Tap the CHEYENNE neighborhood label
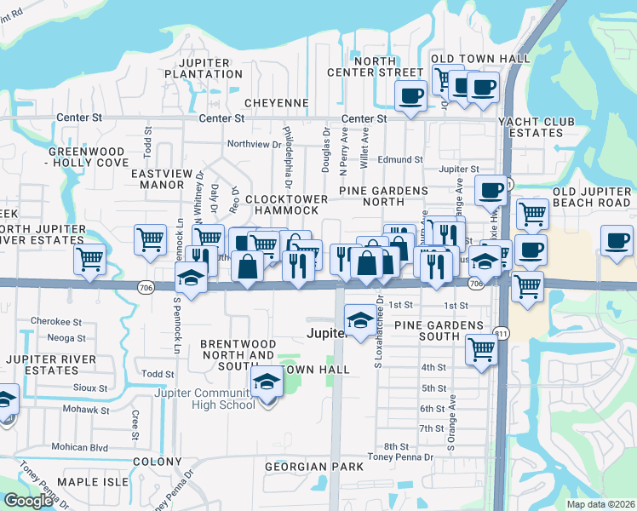[x=276, y=103]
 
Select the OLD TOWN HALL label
[x=480, y=59]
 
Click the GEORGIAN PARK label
[x=313, y=467]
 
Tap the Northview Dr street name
[x=254, y=145]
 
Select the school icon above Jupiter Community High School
[x=267, y=383]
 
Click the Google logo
[x=28, y=501]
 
